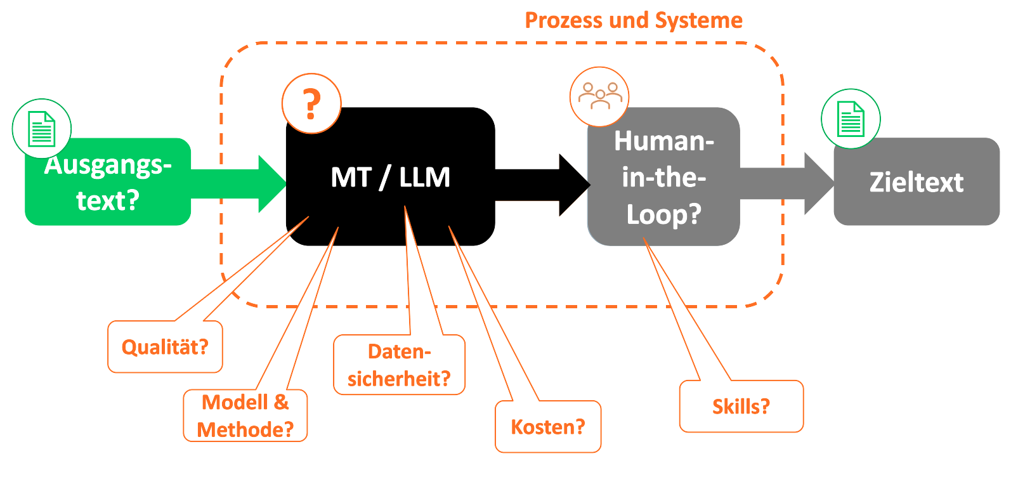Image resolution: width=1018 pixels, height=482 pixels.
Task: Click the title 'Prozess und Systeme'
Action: tap(633, 20)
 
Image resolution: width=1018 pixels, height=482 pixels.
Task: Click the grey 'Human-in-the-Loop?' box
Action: tap(663, 178)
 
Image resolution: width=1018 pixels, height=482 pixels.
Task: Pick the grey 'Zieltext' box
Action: tap(916, 182)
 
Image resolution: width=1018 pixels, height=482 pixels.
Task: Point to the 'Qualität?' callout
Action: tap(165, 347)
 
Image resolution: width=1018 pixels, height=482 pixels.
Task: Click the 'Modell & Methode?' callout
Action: tap(245, 416)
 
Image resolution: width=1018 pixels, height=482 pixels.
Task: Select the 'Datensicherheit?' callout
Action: tap(399, 365)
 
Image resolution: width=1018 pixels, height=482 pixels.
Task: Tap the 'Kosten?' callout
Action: tap(547, 427)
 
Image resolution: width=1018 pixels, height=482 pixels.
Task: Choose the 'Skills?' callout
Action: tap(741, 407)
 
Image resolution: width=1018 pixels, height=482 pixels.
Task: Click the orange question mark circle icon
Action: tap(311, 103)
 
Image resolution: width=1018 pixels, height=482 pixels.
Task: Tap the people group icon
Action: tap(599, 96)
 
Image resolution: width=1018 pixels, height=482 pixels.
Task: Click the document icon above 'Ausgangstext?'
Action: tap(42, 128)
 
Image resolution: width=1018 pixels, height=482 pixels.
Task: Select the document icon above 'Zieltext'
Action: tap(851, 119)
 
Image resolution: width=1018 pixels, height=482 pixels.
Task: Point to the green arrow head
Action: tap(273, 184)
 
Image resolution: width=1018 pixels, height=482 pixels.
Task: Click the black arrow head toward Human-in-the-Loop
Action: tap(574, 185)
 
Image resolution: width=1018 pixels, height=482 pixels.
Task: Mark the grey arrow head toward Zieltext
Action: tap(819, 183)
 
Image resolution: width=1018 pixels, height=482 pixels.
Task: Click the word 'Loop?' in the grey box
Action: tap(663, 214)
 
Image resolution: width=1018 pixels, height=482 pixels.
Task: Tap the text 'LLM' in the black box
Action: tap(424, 178)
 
